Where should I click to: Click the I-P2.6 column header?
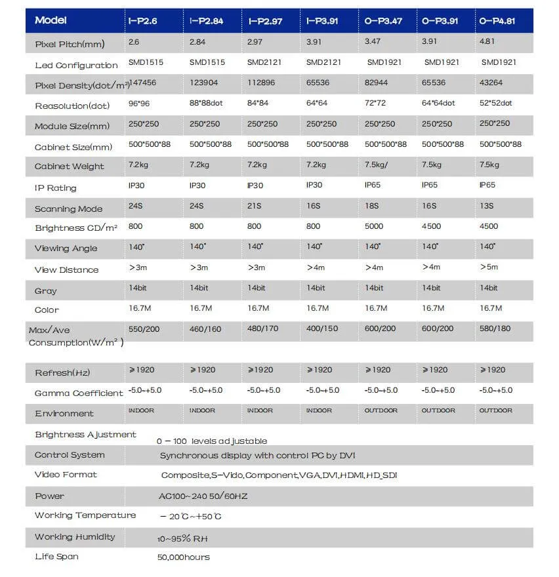click(144, 21)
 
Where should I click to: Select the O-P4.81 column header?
click(497, 21)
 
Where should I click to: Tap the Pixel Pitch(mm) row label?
click(70, 45)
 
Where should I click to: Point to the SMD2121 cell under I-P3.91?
click(322, 62)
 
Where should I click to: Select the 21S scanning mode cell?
click(254, 206)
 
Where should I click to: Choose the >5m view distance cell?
click(488, 267)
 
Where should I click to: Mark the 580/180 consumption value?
click(496, 328)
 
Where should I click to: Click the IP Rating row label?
click(56, 188)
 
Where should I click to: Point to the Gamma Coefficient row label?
click(79, 393)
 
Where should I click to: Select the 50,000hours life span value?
click(184, 557)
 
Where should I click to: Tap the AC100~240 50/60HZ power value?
click(203, 496)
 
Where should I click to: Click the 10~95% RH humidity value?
click(182, 538)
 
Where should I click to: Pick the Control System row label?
click(70, 455)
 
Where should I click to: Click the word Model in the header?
click(51, 20)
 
